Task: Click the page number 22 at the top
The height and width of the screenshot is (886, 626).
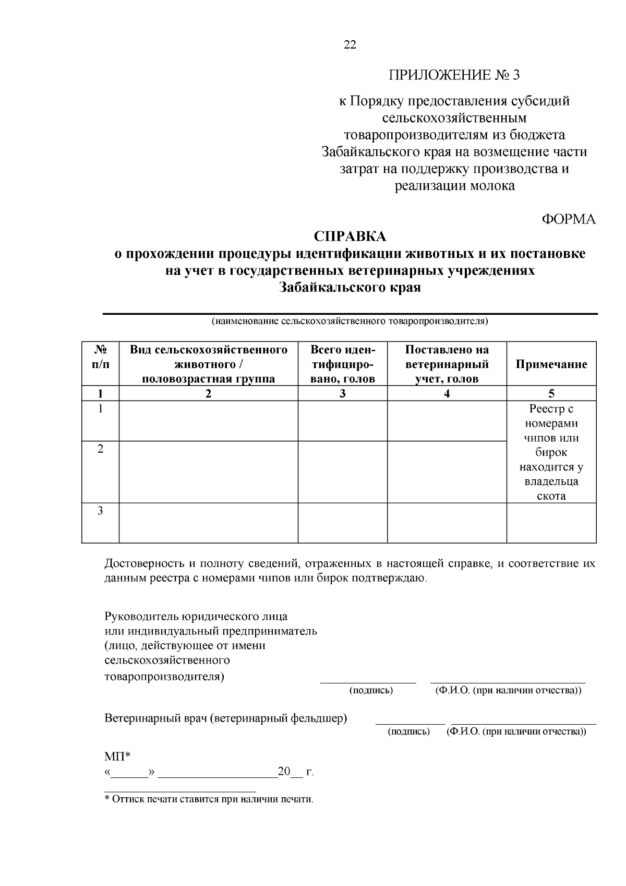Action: (x=350, y=45)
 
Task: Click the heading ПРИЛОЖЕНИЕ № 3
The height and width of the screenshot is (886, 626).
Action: (x=454, y=75)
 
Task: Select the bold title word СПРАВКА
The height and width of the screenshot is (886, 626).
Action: (x=350, y=237)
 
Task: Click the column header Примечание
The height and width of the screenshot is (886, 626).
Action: (x=551, y=364)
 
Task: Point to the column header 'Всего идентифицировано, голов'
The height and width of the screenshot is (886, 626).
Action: (x=342, y=364)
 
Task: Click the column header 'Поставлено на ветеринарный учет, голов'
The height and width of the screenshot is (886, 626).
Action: (x=447, y=364)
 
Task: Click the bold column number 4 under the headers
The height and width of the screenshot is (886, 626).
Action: (x=447, y=394)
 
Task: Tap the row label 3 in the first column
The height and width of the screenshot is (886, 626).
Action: (x=100, y=511)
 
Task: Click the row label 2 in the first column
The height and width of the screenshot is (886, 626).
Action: (x=100, y=449)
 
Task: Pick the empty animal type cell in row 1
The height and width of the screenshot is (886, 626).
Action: (x=208, y=421)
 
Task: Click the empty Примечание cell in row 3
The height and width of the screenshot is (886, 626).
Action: (x=551, y=523)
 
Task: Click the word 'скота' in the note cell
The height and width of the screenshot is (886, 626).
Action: (x=551, y=496)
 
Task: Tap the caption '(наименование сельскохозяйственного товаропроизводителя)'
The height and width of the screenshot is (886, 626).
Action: (x=350, y=321)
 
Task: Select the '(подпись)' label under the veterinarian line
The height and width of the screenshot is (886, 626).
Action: (x=409, y=731)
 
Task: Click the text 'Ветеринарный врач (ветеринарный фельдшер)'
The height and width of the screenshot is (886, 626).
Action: (x=225, y=718)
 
